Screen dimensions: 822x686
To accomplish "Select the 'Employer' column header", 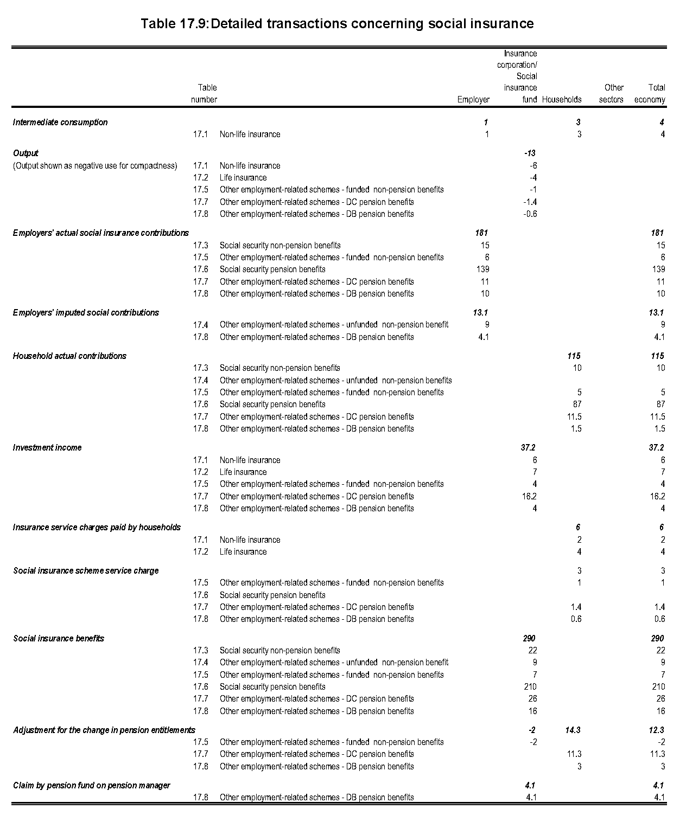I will click(473, 99).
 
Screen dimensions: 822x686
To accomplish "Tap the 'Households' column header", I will click(562, 99).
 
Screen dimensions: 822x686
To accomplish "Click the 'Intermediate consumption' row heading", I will click(60, 122).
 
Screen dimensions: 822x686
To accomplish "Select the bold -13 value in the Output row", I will click(529, 153).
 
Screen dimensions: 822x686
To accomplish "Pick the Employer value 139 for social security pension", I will click(481, 269).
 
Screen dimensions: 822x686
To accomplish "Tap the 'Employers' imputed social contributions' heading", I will click(86, 312).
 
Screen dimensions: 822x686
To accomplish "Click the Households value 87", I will click(576, 404).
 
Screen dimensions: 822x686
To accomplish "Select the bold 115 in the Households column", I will click(573, 356).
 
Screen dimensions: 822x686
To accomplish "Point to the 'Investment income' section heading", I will click(47, 447).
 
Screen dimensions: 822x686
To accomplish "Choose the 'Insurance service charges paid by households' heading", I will click(97, 527).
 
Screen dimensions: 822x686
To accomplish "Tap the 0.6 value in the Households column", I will click(576, 619).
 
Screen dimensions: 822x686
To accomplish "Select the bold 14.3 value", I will click(573, 730).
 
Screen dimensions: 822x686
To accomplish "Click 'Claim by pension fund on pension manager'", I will click(91, 785).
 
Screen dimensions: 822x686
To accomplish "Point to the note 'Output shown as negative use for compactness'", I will click(95, 165).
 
